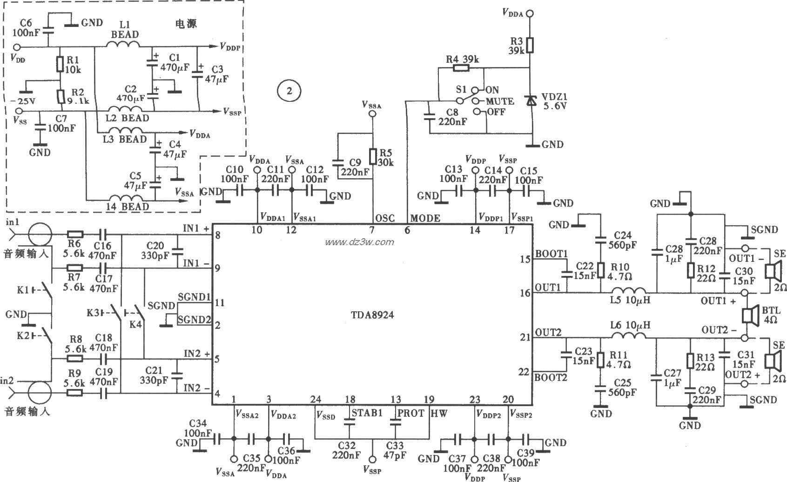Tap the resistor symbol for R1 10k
coord(60,64)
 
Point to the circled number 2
coord(289,91)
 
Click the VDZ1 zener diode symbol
coord(530,100)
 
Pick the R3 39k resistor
coord(530,45)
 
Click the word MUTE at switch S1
coord(499,101)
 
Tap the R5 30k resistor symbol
coord(372,156)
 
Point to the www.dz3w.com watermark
coord(359,242)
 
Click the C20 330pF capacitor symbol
coord(177,252)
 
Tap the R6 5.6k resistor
coord(75,234)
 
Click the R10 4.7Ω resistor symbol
coord(600,270)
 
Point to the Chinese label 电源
coord(185,24)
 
